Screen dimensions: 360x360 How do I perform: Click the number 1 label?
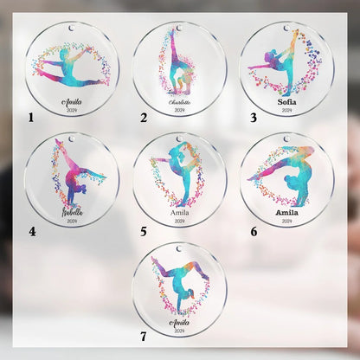pos(31,116)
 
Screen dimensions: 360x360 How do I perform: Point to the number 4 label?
pos(31,231)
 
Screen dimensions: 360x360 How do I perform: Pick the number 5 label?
pos(143,232)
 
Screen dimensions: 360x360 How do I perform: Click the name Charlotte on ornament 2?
pos(179,102)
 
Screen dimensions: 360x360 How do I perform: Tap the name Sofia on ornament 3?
pos(286,100)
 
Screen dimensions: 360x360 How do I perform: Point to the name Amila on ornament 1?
pos(71,100)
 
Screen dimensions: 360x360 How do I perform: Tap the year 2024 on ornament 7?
pos(179,330)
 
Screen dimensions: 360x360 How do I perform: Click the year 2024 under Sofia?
pos(286,111)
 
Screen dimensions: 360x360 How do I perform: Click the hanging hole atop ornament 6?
pos(286,138)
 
